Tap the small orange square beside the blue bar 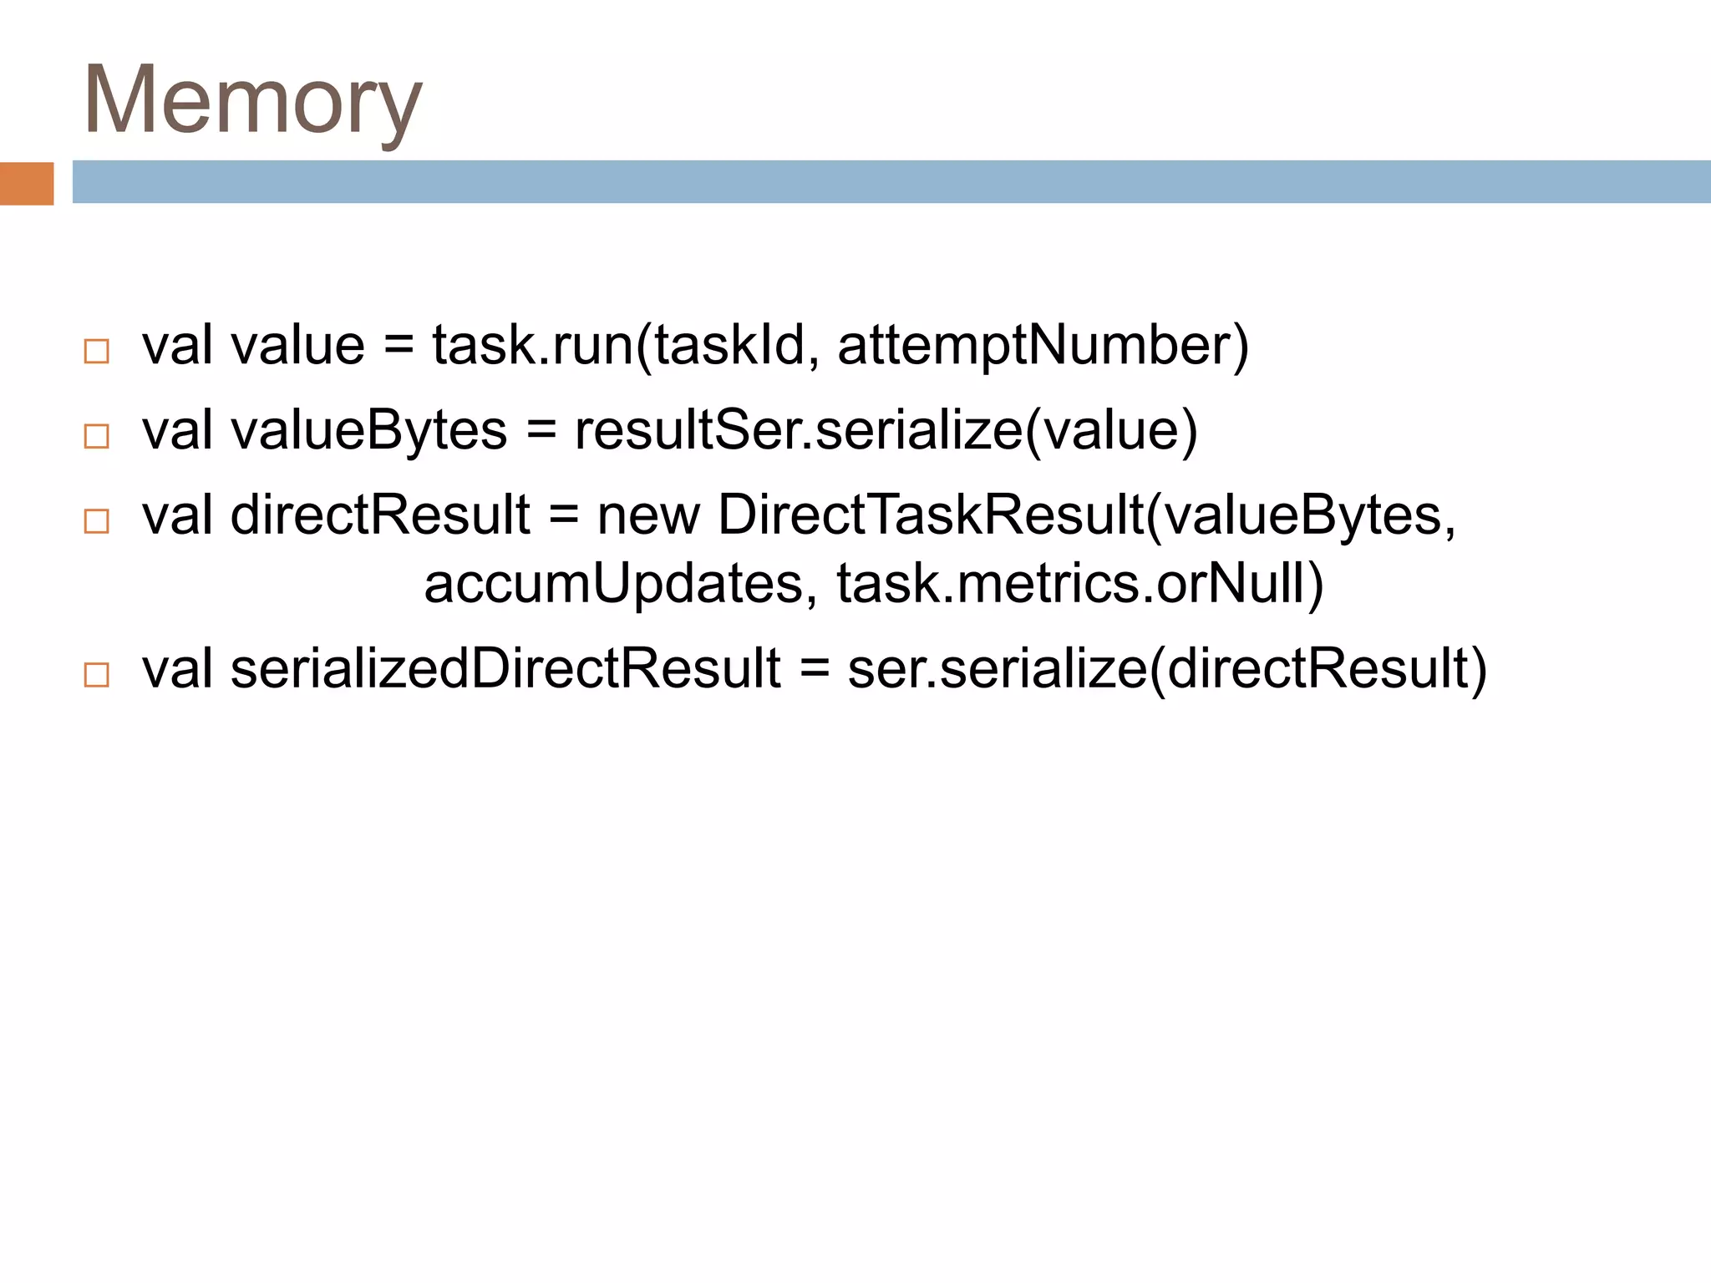[27, 183]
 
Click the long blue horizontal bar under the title [891, 181]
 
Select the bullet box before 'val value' [97, 351]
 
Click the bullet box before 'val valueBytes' [97, 436]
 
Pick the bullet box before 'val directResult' [97, 521]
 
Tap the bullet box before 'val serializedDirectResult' [97, 675]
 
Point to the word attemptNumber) [1043, 346]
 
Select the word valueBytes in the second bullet [368, 431]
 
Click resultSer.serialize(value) [886, 431]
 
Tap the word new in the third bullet [648, 515]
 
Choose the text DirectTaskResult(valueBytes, [1086, 515]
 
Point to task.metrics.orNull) [1079, 584]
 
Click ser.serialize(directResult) [1166, 669]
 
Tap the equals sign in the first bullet [399, 346]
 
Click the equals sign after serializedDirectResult [814, 669]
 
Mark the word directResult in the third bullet [380, 515]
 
